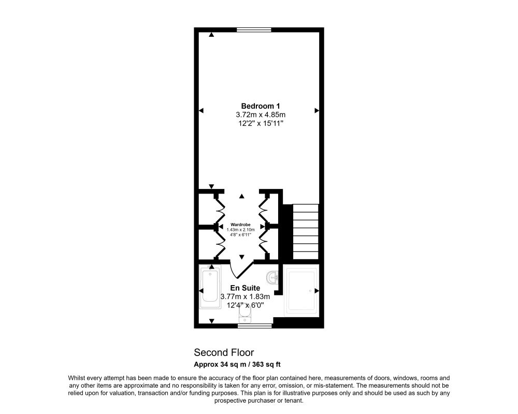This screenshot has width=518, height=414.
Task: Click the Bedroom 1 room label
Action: [261, 106]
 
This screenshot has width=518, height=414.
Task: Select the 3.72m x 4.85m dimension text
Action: [261, 115]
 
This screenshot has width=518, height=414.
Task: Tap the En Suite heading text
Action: [245, 288]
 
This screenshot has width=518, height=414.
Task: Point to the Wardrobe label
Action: [241, 225]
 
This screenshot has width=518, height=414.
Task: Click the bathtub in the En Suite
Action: [210, 285]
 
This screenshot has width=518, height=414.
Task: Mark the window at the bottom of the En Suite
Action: [255, 326]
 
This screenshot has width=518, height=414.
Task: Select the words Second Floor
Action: [224, 353]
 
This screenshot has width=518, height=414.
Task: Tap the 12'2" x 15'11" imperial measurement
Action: [261, 124]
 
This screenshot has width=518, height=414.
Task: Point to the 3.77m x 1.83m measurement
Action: [245, 297]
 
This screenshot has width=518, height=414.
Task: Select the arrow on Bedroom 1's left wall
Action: [202, 110]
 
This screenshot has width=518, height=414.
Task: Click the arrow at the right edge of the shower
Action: [315, 290]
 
